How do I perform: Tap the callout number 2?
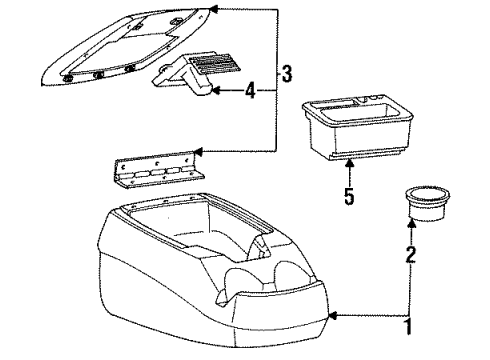pos(410,255)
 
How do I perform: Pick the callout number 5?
pos(349,196)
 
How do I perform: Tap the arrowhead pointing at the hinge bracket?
pos(200,151)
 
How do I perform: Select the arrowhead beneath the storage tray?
pos(349,161)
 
